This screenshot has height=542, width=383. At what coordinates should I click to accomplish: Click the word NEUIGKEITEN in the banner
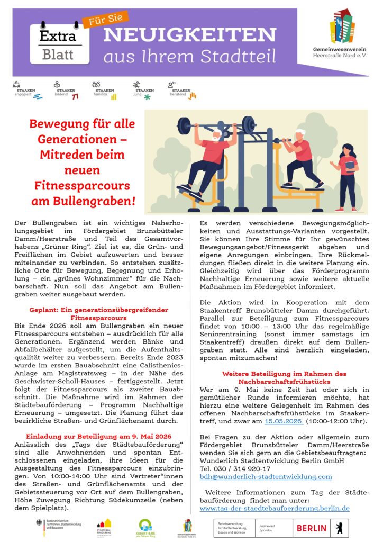click(189, 35)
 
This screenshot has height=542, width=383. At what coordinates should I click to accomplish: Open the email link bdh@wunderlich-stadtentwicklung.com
click(266, 476)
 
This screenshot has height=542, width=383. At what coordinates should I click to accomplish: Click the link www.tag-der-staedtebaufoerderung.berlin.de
click(275, 508)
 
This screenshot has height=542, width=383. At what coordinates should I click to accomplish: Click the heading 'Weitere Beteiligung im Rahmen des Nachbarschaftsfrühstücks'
click(284, 377)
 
